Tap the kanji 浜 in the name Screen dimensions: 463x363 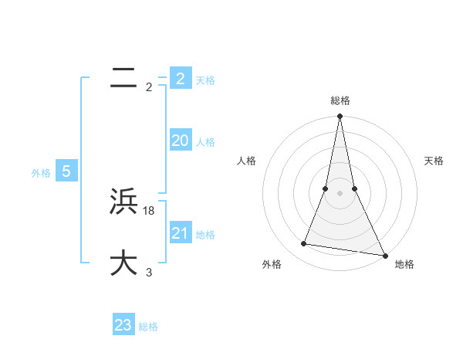click(x=123, y=202)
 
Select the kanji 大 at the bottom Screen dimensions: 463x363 click(x=123, y=263)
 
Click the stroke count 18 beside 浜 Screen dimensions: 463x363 click(x=149, y=210)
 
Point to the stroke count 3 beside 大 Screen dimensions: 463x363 click(x=149, y=272)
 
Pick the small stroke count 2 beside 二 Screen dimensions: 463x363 click(x=149, y=87)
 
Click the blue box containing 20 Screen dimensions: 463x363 click(x=180, y=141)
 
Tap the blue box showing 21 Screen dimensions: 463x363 click(x=180, y=233)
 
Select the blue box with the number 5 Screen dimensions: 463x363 click(x=66, y=171)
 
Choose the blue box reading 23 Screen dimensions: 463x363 click(x=123, y=325)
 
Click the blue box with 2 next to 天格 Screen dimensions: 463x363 click(x=180, y=79)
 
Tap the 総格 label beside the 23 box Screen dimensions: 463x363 click(x=148, y=327)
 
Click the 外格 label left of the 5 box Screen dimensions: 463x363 click(x=41, y=173)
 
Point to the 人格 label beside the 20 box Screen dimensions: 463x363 click(x=205, y=142)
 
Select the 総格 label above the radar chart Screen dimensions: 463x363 click(x=340, y=100)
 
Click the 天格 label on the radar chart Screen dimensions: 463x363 click(x=434, y=161)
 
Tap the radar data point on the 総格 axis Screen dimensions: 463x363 click(x=340, y=117)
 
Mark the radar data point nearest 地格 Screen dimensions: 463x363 click(x=384, y=255)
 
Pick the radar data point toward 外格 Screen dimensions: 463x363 click(x=304, y=244)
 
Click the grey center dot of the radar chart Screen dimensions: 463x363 click(x=340, y=193)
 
